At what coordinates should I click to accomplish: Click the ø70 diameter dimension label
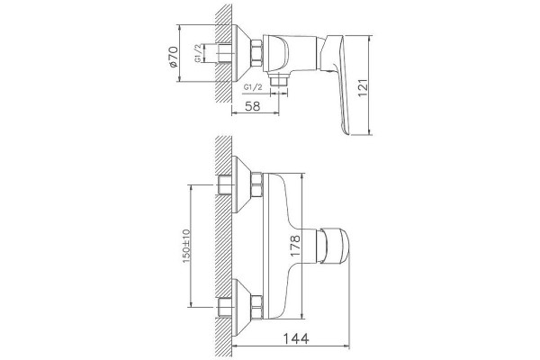pyautogui.click(x=174, y=57)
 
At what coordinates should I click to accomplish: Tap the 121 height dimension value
pyautogui.click(x=363, y=88)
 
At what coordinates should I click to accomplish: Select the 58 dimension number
pyautogui.click(x=252, y=106)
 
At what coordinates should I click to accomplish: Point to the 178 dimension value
pyautogui.click(x=295, y=246)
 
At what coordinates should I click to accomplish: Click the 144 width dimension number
pyautogui.click(x=296, y=338)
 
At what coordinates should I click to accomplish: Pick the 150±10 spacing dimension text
pyautogui.click(x=186, y=246)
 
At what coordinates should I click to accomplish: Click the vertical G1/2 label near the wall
pyautogui.click(x=198, y=53)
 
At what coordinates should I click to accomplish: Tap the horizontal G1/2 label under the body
pyautogui.click(x=253, y=87)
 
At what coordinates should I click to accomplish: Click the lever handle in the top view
pyautogui.click(x=338, y=83)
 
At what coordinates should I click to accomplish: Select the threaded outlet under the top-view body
pyautogui.click(x=279, y=81)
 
